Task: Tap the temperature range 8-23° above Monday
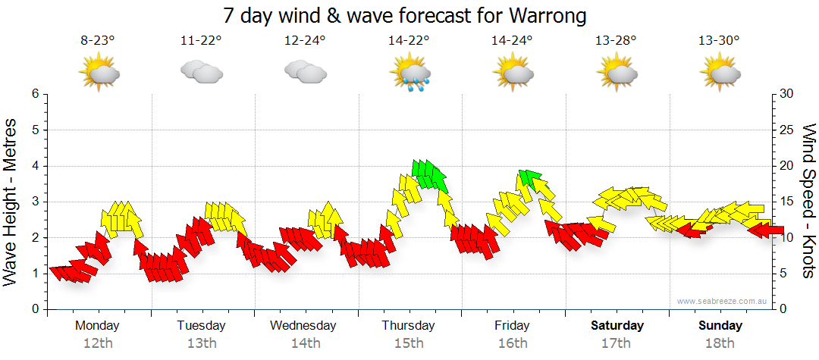[x=97, y=41]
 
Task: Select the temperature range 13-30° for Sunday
[x=720, y=41]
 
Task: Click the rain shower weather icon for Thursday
[x=409, y=74]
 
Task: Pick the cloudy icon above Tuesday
[x=201, y=73]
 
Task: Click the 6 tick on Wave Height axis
[x=34, y=94]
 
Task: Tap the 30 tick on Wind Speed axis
[x=786, y=94]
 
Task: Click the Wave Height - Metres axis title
[x=11, y=202]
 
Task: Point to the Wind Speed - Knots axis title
[x=808, y=202]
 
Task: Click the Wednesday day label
[x=303, y=326]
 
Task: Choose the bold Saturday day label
[x=617, y=326]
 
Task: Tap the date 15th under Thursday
[x=408, y=343]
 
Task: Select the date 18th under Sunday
[x=720, y=343]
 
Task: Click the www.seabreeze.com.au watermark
[x=722, y=301]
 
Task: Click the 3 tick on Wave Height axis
[x=34, y=202]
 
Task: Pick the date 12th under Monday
[x=97, y=343]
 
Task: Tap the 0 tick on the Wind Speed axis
[x=782, y=309]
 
